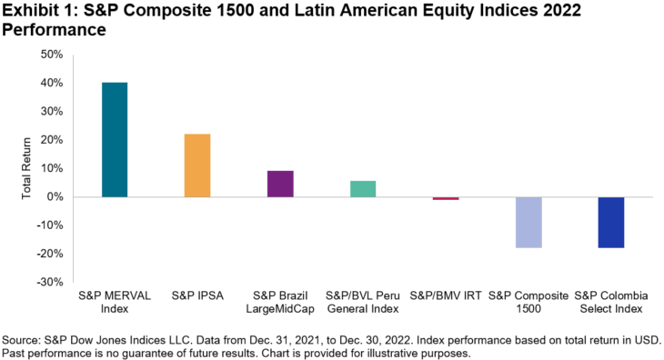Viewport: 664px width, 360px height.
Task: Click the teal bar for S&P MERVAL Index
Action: pos(115,140)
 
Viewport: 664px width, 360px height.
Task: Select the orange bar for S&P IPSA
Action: pos(197,165)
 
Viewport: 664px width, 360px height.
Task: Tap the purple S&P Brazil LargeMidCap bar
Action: pos(280,184)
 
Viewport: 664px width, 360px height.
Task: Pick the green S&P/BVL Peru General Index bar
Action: pos(363,189)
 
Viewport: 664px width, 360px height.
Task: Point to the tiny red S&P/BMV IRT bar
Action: pos(446,198)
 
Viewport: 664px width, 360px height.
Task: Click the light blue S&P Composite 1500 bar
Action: pos(528,222)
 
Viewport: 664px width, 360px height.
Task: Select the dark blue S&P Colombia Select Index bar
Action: pos(611,222)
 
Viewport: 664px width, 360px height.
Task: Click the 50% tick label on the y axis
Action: pos(51,55)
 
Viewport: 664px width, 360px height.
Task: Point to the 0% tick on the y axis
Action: pos(55,197)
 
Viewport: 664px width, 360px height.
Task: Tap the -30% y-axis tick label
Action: pos(50,282)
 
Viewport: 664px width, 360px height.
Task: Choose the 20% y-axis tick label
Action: pos(51,140)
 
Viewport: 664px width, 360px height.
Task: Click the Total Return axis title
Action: pos(27,168)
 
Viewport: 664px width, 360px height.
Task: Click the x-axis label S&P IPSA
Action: pos(197,296)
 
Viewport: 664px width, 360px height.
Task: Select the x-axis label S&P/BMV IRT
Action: pos(446,296)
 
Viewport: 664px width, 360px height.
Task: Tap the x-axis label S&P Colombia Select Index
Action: pos(611,303)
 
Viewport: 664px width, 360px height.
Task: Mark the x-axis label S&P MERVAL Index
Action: pos(115,303)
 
